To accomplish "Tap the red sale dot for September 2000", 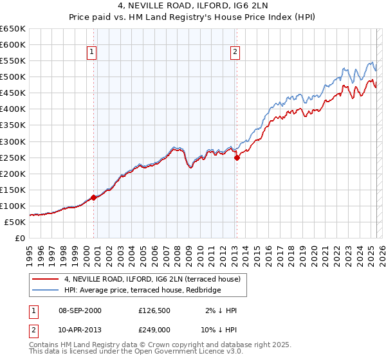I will click(94, 197).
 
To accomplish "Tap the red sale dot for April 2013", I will click(237, 157).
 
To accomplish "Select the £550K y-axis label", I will click(14, 61).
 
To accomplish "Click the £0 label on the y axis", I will click(21, 239).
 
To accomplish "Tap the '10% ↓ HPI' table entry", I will click(219, 330).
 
